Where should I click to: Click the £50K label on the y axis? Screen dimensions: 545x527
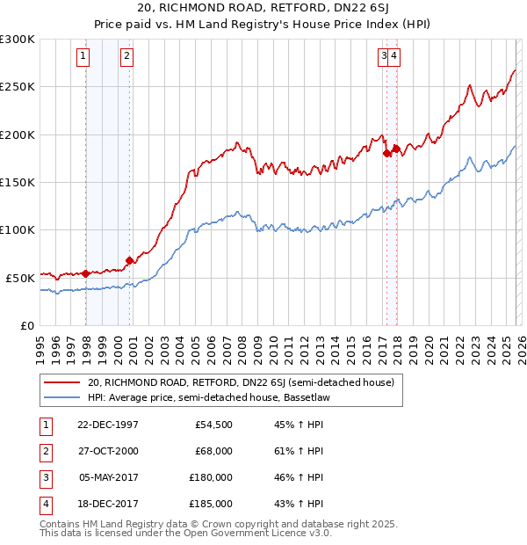[19, 278]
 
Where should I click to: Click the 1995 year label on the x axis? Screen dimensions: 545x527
[40, 344]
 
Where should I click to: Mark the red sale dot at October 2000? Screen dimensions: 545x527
[130, 260]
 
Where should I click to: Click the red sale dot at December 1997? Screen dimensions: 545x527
[86, 273]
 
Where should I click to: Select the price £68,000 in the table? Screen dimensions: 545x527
[213, 451]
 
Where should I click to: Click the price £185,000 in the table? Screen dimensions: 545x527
[211, 504]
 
